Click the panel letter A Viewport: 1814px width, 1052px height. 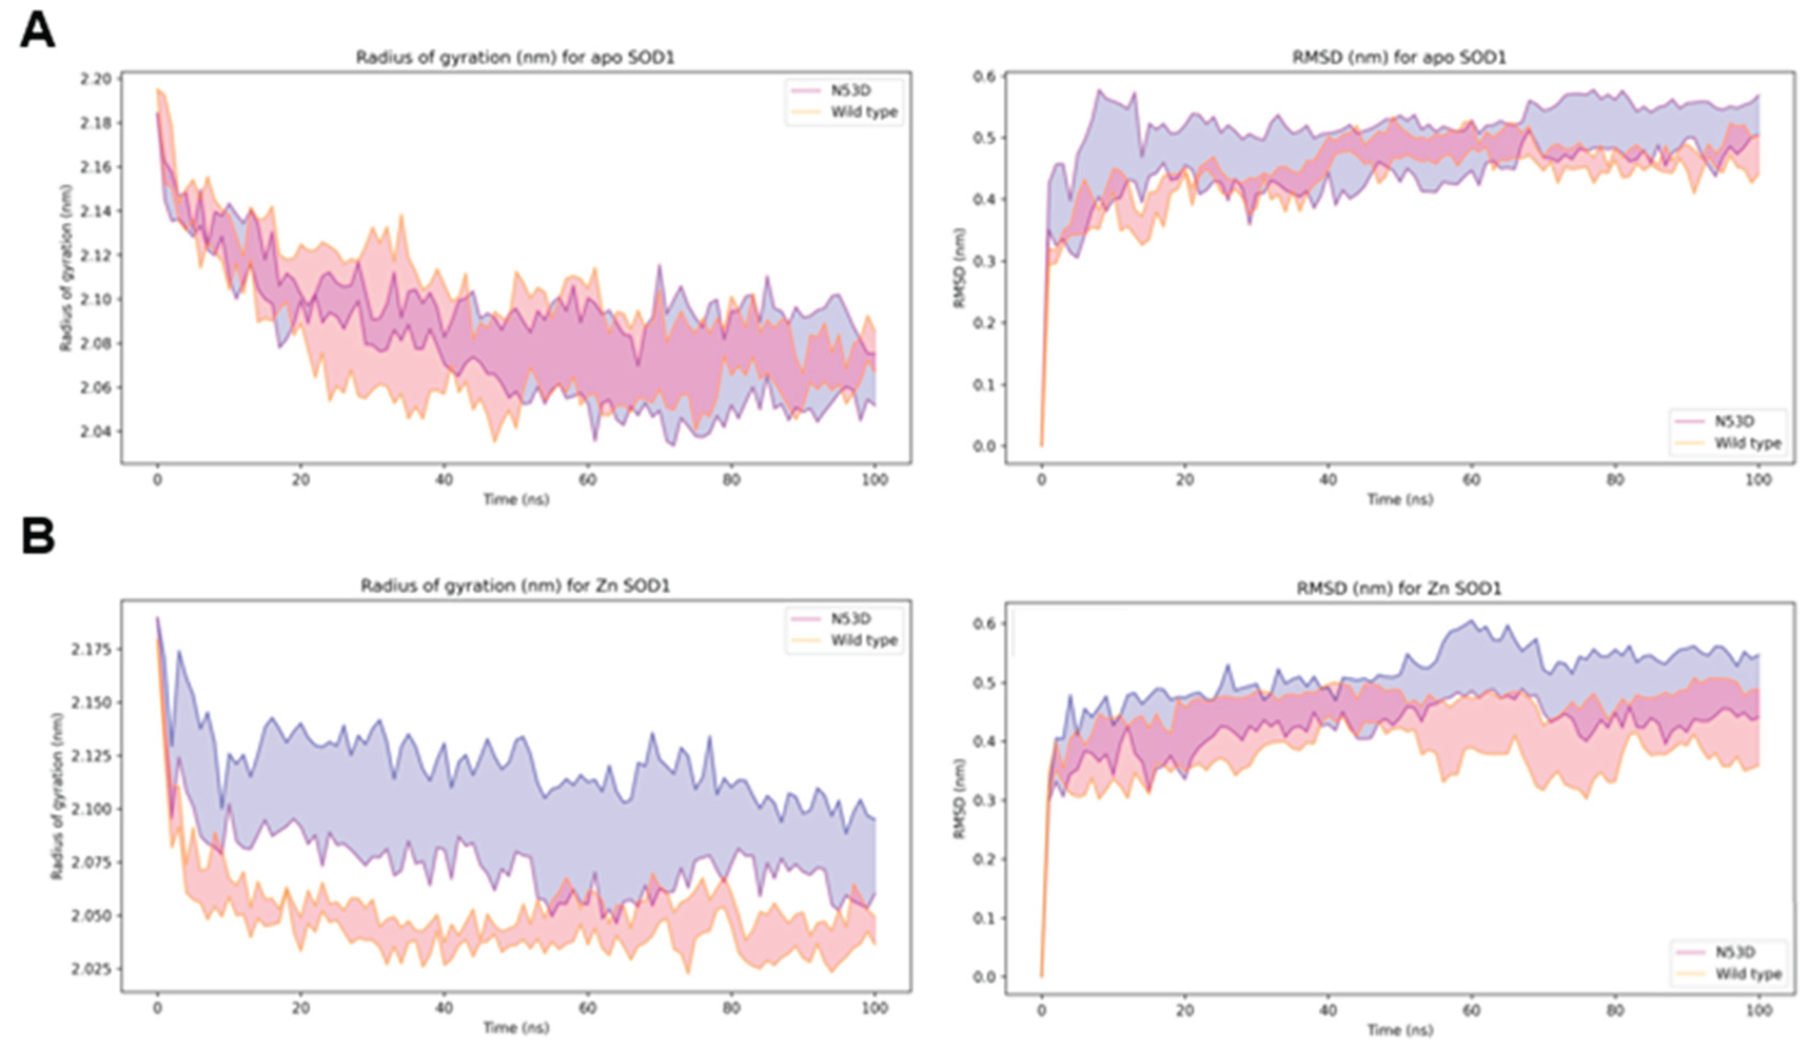click(37, 32)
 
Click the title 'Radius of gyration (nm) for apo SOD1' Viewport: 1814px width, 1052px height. click(515, 58)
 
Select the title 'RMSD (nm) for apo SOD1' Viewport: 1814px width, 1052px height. click(1399, 58)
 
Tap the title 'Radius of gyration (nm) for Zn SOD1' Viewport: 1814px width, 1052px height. click(515, 586)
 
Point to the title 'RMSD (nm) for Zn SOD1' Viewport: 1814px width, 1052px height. click(1399, 588)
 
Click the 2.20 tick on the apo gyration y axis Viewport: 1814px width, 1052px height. click(97, 79)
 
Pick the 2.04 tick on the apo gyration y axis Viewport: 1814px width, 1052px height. click(97, 432)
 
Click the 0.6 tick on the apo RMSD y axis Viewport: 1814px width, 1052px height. click(985, 77)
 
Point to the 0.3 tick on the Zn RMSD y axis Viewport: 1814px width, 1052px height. click(985, 800)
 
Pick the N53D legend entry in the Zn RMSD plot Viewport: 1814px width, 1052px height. click(1735, 952)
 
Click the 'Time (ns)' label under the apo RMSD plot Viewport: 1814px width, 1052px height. click(1399, 499)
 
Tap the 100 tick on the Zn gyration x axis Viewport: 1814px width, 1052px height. click(874, 1008)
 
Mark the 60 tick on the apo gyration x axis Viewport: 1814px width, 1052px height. click(588, 479)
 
